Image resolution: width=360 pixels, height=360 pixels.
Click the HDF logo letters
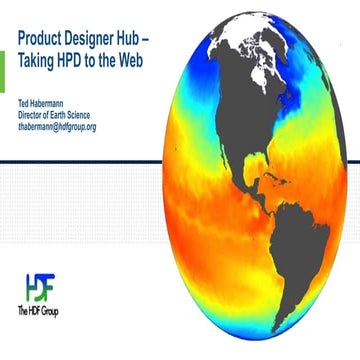pos(39,288)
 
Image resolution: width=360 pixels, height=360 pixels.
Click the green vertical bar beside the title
pos(3,65)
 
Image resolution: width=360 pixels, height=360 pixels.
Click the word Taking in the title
pos(39,59)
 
